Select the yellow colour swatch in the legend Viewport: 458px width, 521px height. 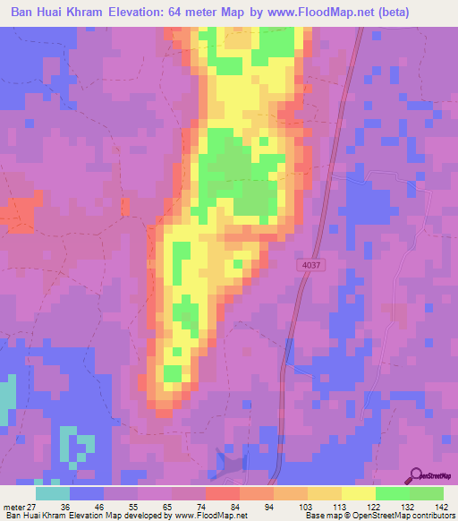click(357, 494)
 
